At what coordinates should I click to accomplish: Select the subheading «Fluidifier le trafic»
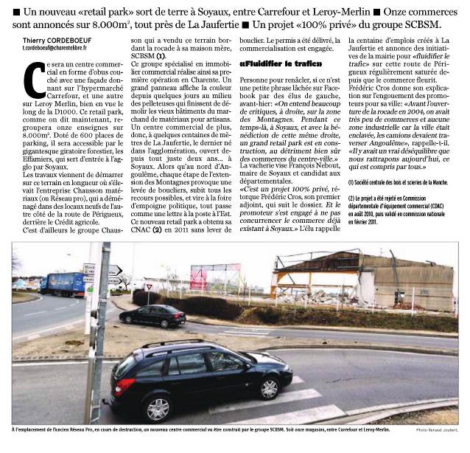click(275, 65)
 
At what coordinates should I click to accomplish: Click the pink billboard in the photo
click(197, 278)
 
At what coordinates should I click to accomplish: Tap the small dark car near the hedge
click(152, 316)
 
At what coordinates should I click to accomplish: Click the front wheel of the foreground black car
click(267, 387)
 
